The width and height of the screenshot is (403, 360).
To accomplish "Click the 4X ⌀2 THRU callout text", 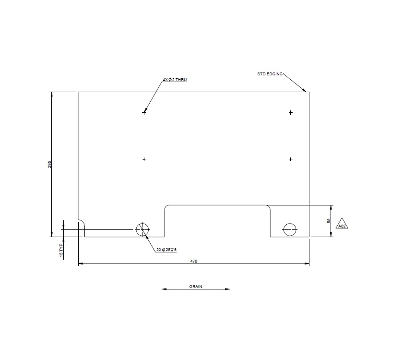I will (175, 80).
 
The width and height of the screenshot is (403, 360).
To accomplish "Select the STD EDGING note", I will (270, 74).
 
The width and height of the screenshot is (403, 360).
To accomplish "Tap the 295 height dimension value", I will (49, 164).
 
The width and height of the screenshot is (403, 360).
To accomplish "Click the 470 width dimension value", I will (194, 261).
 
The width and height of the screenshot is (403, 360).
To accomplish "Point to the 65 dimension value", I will (329, 221).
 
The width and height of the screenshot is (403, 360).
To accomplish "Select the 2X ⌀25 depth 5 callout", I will (166, 250).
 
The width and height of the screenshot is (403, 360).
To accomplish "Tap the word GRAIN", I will (195, 287).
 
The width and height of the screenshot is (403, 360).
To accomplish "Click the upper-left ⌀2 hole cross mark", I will (144, 113).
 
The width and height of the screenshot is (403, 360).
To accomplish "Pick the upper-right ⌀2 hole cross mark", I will (291, 113).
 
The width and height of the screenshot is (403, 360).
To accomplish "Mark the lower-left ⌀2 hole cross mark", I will (144, 159).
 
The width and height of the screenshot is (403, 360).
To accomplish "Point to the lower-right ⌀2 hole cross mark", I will (291, 159).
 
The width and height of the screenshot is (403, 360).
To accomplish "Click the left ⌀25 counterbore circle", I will (142, 230).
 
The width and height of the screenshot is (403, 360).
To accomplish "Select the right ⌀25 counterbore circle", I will (290, 230).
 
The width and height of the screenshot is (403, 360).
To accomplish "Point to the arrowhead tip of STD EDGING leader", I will (306, 91).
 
